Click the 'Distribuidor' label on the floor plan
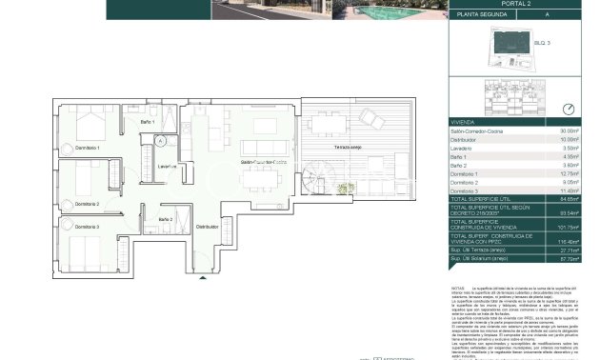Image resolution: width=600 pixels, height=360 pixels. [x=207, y=228]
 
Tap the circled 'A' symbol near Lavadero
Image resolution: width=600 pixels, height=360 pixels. [x=162, y=140]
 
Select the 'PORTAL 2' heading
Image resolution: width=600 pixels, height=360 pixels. [x=518, y=4]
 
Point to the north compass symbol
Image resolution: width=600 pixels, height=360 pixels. [x=568, y=109]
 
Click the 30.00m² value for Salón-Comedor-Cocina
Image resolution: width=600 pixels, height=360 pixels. [x=570, y=130]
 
